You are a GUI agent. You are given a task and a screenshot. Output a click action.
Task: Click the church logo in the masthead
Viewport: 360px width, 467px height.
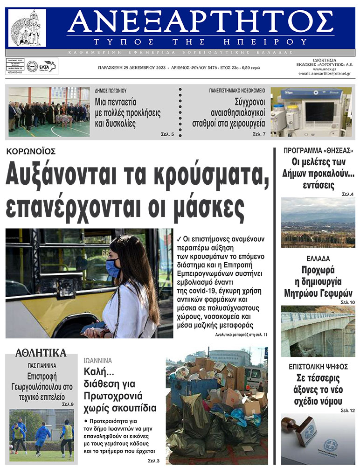point(28,28)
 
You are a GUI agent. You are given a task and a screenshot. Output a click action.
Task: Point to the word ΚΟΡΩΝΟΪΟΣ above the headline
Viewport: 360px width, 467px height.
point(31,151)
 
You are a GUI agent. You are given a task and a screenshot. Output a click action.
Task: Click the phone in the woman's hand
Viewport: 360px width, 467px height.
point(92,328)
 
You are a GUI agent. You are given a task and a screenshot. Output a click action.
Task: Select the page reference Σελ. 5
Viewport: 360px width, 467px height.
point(166,134)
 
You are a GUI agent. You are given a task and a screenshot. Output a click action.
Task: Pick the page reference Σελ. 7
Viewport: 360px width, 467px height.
point(259,134)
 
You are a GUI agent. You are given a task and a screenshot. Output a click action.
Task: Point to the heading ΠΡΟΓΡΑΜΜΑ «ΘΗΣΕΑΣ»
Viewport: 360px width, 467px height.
point(318,151)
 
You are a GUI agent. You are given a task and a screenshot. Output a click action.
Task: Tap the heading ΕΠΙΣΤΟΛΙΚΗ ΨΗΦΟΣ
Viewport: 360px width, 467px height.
point(318,366)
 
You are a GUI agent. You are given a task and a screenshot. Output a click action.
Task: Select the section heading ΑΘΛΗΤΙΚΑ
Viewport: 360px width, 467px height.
point(41,353)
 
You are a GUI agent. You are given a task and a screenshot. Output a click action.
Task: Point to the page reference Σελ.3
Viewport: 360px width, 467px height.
point(153,461)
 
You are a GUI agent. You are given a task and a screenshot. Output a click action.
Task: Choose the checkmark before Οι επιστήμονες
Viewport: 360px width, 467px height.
point(180,237)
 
